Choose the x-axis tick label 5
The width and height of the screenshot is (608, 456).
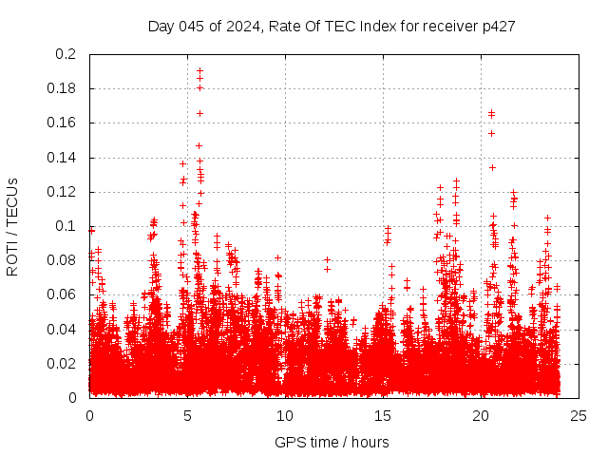[x=187, y=415]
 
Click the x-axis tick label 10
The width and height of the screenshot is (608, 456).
[x=285, y=415]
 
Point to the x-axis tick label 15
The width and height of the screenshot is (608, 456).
[x=384, y=415]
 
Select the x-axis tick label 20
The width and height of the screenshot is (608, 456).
[x=482, y=415]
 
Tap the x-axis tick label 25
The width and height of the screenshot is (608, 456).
[x=579, y=415]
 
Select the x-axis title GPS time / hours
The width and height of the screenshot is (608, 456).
[x=332, y=442]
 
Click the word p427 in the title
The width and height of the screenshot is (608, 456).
[x=499, y=27]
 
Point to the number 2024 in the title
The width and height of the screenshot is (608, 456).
[x=242, y=27]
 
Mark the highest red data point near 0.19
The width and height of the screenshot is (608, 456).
[x=199, y=70]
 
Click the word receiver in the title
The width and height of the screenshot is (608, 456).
[x=446, y=27]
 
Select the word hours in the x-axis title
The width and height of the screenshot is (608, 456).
[x=369, y=442]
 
